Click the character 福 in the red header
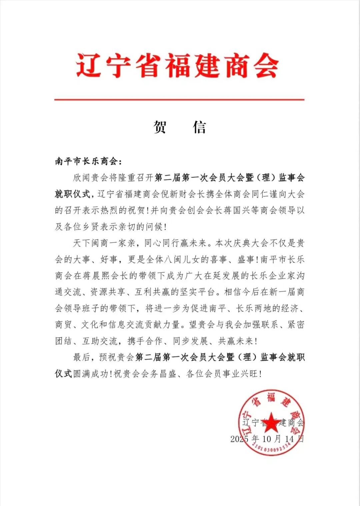(177, 66)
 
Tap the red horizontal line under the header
(179, 99)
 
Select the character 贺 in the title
(160, 127)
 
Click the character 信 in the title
(199, 127)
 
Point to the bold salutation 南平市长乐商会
(86, 162)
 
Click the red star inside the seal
(271, 421)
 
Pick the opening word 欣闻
(82, 178)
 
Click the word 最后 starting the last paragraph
(82, 357)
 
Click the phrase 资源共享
(108, 292)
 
